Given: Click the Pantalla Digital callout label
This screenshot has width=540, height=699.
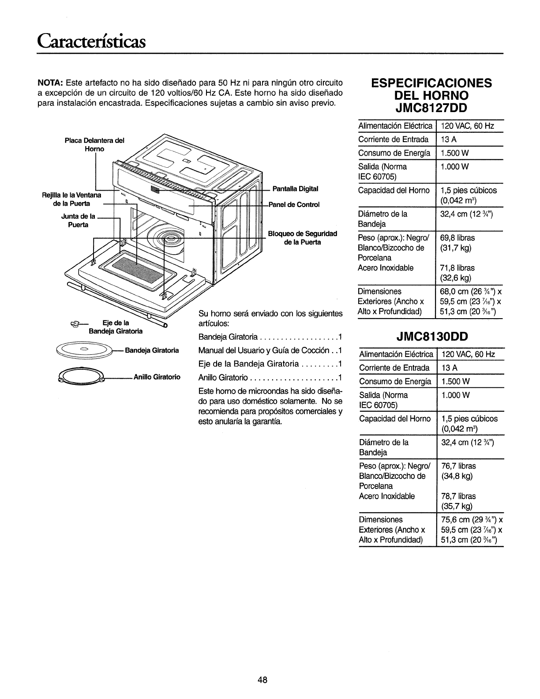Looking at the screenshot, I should click(x=295, y=189).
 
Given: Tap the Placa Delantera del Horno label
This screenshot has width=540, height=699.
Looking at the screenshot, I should click(x=94, y=145).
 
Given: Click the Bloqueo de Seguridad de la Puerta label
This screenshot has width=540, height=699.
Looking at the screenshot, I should click(x=302, y=237).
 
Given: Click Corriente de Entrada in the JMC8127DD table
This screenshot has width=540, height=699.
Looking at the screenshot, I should click(x=394, y=140).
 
